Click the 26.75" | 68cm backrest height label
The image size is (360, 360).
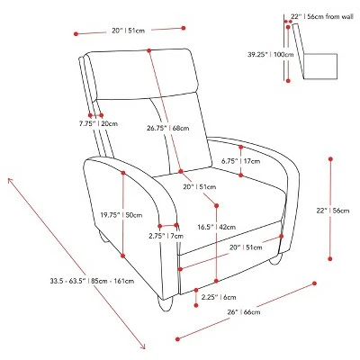[168, 128]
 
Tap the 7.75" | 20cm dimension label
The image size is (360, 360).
[98, 123]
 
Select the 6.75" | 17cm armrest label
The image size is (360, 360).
[241, 161]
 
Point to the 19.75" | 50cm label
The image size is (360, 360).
[121, 215]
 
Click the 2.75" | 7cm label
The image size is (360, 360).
[166, 236]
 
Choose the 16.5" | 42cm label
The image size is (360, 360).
[216, 227]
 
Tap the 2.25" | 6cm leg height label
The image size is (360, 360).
[219, 297]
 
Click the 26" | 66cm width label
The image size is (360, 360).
[244, 312]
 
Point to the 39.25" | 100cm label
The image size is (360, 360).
[271, 55]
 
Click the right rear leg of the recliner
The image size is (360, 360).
[276, 259]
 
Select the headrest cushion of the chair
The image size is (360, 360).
[143, 74]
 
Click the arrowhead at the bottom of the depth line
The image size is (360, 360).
[144, 348]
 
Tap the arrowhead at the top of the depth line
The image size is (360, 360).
[9, 179]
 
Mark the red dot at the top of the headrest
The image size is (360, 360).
[148, 50]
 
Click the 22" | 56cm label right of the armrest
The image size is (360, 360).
[333, 211]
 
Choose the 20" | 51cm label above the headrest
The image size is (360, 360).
[129, 31]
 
